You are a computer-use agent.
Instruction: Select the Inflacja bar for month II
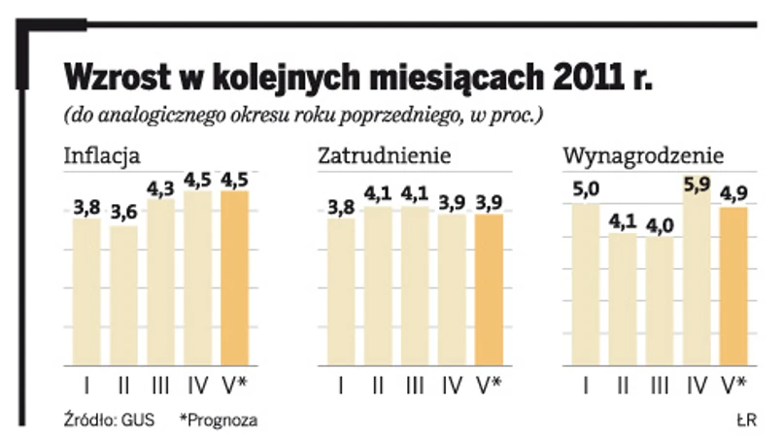[x=123, y=295]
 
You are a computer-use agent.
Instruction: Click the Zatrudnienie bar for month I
[x=340, y=291]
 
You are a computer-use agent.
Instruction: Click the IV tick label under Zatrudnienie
[x=451, y=386]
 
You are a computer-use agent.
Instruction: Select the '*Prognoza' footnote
[x=219, y=420]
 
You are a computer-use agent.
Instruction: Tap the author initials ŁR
[x=746, y=420]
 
